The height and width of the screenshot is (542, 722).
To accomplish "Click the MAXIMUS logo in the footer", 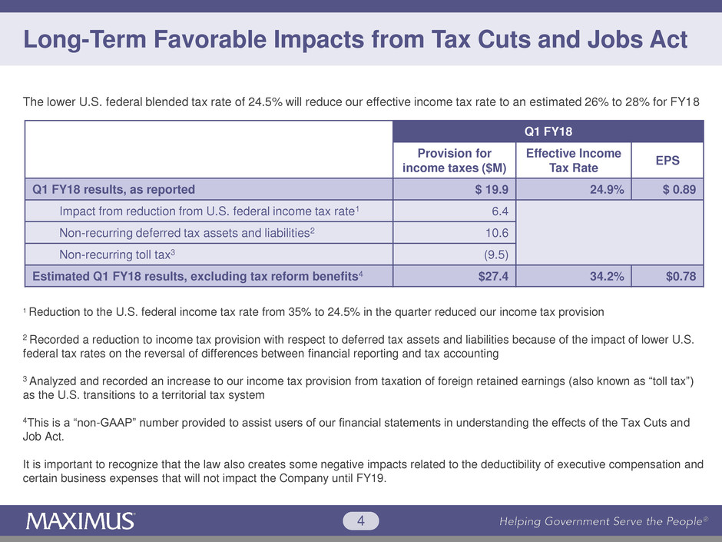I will pyautogui.click(x=81, y=520).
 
